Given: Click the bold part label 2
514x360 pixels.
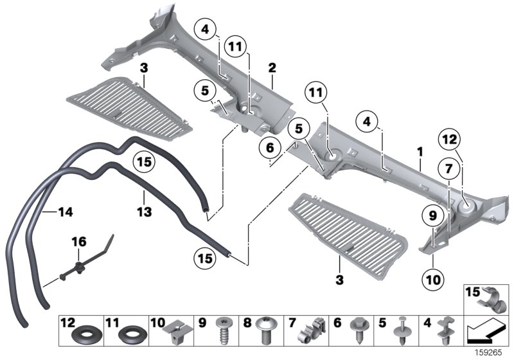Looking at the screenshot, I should pyautogui.click(x=272, y=67).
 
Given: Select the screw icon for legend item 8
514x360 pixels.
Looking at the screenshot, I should pyautogui.click(x=268, y=332).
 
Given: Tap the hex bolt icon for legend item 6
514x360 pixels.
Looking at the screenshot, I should pyautogui.click(x=359, y=332).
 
